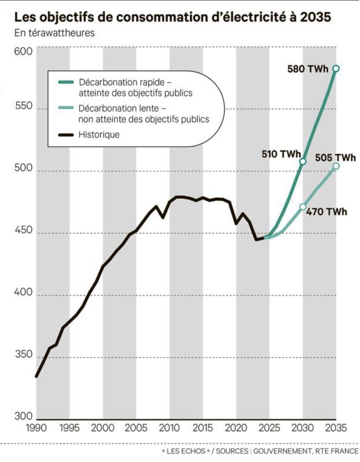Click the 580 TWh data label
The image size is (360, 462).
[x=308, y=69]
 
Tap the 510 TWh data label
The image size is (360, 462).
[x=281, y=154]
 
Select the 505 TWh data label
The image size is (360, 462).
[x=335, y=158]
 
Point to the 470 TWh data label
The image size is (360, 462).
[x=327, y=212]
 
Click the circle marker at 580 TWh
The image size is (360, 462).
[x=336, y=68]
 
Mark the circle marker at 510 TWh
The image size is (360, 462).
[x=303, y=162]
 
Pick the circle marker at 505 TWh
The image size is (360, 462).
[x=336, y=166]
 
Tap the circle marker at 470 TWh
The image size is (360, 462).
[x=303, y=206]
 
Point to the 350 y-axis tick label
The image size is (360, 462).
[x=23, y=354]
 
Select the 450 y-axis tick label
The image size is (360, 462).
[x=23, y=230]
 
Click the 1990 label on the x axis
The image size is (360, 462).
[x=36, y=428]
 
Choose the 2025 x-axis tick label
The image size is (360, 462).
[x=269, y=428]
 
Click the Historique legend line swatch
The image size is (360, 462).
[x=66, y=135]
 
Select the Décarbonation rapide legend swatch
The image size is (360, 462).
[x=66, y=82]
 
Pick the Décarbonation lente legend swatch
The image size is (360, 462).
[x=66, y=108]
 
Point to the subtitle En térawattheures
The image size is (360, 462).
[x=55, y=33]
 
